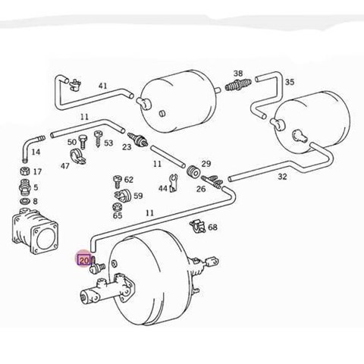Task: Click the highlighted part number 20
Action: tap(83, 260)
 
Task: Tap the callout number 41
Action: tap(102, 86)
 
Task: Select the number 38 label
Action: tap(238, 74)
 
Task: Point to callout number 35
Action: tap(289, 83)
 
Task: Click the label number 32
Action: tap(282, 177)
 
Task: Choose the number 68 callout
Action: tap(212, 227)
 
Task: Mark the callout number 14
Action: tap(36, 152)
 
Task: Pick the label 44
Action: tap(162, 187)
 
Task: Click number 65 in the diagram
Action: tap(118, 216)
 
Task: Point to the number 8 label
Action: tap(35, 201)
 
